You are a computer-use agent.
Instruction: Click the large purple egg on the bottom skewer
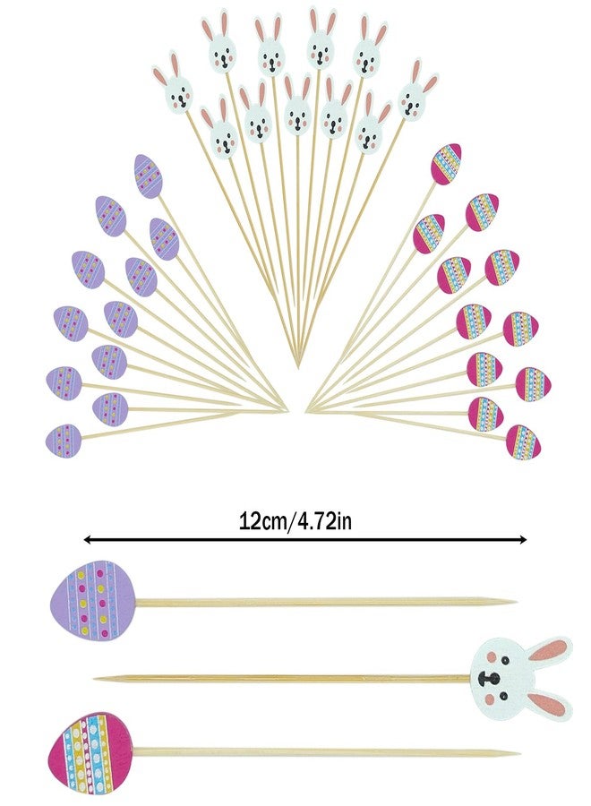[x=93, y=600]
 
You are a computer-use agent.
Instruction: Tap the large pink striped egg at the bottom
[x=90, y=751]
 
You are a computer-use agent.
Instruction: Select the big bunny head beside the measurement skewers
[x=520, y=679]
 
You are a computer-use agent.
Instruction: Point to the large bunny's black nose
[x=489, y=679]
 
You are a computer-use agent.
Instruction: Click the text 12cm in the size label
[x=262, y=521]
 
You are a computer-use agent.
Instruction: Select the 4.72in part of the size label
[x=322, y=521]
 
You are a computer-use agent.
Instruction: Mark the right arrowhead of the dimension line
[x=523, y=539]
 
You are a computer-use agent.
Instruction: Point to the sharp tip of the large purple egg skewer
[x=516, y=601]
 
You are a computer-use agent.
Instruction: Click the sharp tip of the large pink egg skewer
[x=518, y=753]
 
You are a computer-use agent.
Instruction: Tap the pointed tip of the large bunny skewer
[x=96, y=679]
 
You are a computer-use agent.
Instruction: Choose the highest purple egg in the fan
[x=149, y=176]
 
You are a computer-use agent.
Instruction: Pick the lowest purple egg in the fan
[x=64, y=441]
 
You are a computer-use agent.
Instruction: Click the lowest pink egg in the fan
[x=523, y=442]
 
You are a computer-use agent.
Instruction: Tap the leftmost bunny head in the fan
[x=173, y=83]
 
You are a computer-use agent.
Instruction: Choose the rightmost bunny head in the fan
[x=415, y=91]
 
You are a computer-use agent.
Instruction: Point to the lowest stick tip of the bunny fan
[x=298, y=367]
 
